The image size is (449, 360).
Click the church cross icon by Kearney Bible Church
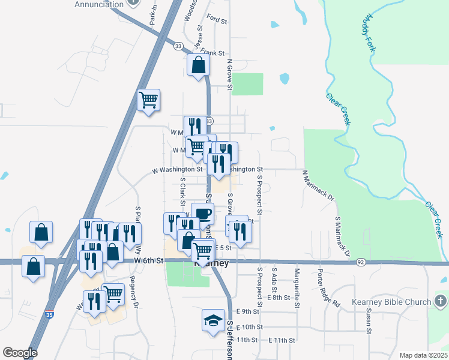click(439, 301)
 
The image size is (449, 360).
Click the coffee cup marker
click(202, 214)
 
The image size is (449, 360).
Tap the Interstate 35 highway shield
click(50, 314)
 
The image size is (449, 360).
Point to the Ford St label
click(216, 20)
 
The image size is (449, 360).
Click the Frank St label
click(212, 52)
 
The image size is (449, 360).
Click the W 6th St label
click(149, 260)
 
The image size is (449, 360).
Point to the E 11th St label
click(282, 340)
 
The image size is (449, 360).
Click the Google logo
click(19, 353)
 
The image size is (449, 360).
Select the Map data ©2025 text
click(423, 355)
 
